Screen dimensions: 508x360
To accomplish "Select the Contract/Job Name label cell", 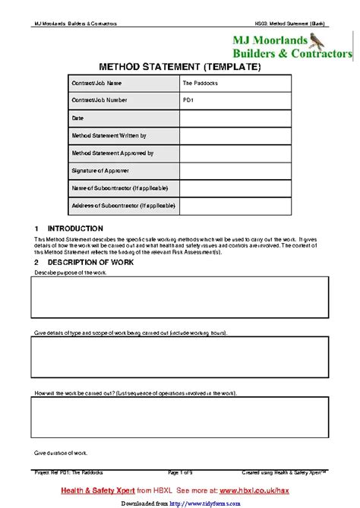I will coord(96,84).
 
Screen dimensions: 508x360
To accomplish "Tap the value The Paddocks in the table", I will coord(200,84).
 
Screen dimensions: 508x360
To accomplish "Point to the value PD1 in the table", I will coord(188,100).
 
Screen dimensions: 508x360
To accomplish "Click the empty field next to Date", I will coord(235,118).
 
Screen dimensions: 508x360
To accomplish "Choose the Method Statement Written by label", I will coord(109,136).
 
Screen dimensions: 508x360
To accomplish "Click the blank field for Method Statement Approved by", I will coord(235,153).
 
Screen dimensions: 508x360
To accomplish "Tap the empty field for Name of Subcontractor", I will coord(235,188).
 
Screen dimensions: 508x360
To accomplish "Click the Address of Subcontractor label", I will coord(119,207).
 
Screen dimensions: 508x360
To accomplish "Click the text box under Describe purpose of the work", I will coord(179,297).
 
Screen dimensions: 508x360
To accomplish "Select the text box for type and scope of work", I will coord(179,357).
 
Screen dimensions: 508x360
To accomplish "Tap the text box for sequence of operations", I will coord(179,418).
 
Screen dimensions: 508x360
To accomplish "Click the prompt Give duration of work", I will coord(62,453).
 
